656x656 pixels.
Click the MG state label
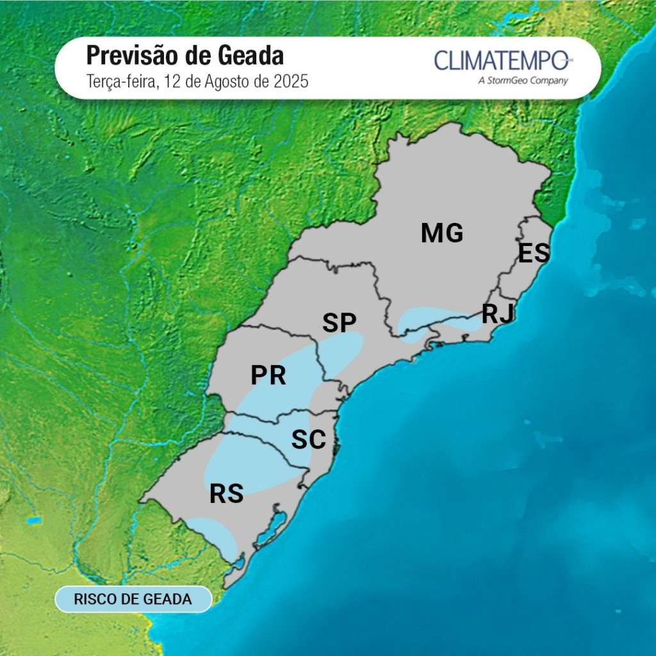442,233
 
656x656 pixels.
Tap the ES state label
534,254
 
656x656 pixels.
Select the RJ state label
498,314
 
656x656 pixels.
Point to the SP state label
339,323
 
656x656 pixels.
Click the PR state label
268,375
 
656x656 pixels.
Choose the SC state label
309,440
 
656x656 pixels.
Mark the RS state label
227,494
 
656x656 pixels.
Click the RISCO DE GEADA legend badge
133,599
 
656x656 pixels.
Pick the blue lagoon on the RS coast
274,525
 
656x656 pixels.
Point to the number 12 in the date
172,82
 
